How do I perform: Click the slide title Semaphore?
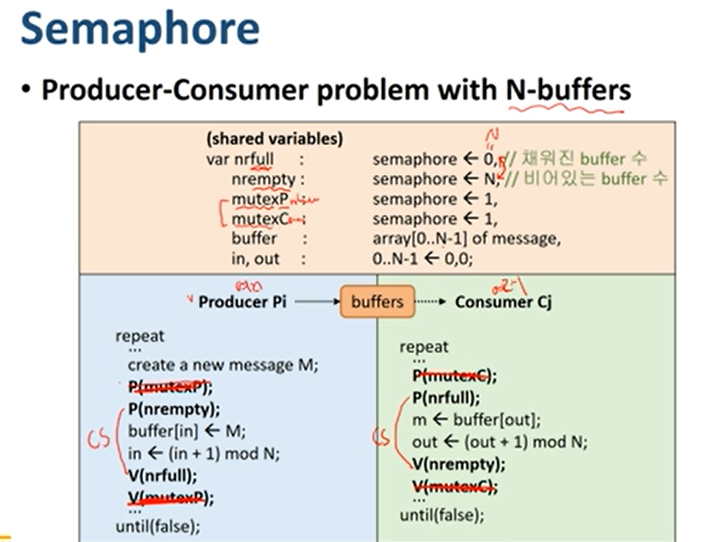coord(139,30)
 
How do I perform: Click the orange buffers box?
coord(377,302)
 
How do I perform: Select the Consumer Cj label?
coord(503,302)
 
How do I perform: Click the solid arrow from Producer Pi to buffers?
coord(315,302)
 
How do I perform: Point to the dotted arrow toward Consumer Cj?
coord(428,302)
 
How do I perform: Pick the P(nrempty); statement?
coord(174,409)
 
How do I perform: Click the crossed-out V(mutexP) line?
coord(171,498)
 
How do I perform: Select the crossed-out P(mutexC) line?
coord(454,375)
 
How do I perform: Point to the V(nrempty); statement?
coord(458,464)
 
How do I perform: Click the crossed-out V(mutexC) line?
coord(454,486)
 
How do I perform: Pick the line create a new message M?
coord(223,364)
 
